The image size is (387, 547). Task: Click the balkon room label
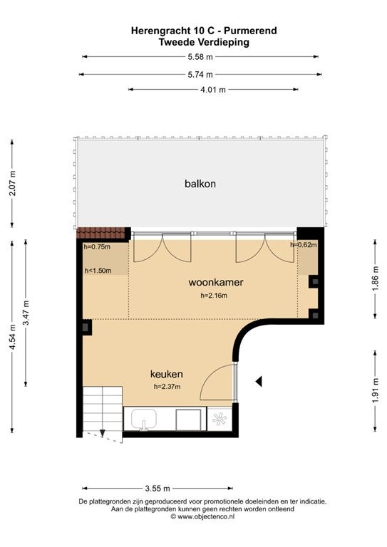coord(200,184)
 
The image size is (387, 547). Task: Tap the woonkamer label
coord(216,282)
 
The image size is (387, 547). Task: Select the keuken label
coord(167,375)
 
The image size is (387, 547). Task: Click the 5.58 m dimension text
coord(200,57)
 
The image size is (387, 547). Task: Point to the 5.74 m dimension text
coord(200,75)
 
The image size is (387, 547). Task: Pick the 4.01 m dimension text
coord(213,90)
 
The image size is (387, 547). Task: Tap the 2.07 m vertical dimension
coord(13,183)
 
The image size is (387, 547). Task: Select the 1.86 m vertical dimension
coord(375,278)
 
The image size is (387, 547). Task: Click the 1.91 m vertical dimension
coord(375,391)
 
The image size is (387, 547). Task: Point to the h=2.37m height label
coord(167,387)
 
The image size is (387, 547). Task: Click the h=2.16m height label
coord(214,296)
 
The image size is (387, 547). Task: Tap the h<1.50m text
coord(98,271)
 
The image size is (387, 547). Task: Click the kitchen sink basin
coord(144,420)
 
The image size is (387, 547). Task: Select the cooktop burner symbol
coord(219,419)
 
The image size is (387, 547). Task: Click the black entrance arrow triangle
coord(259,382)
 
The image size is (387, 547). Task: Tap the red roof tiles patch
coord(100,233)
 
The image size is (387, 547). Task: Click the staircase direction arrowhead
coord(102,433)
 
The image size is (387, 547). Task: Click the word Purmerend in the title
coord(250,31)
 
